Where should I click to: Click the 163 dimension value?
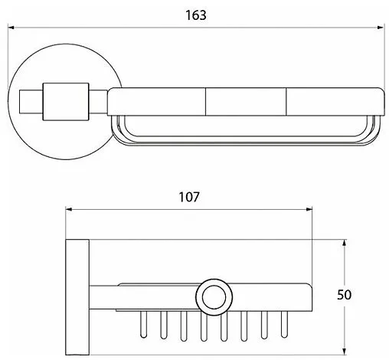click(x=196, y=15)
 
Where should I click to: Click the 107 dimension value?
click(x=189, y=197)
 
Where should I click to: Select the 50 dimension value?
click(x=344, y=295)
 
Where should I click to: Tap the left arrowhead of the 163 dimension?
click(x=11, y=27)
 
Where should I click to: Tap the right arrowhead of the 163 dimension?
click(x=381, y=27)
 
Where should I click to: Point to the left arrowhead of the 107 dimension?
click(x=69, y=209)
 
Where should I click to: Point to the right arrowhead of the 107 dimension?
click(x=309, y=209)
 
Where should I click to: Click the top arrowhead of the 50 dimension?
click(x=345, y=243)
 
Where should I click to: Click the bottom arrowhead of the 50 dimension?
click(x=345, y=352)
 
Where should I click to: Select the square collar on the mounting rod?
click(x=66, y=102)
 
